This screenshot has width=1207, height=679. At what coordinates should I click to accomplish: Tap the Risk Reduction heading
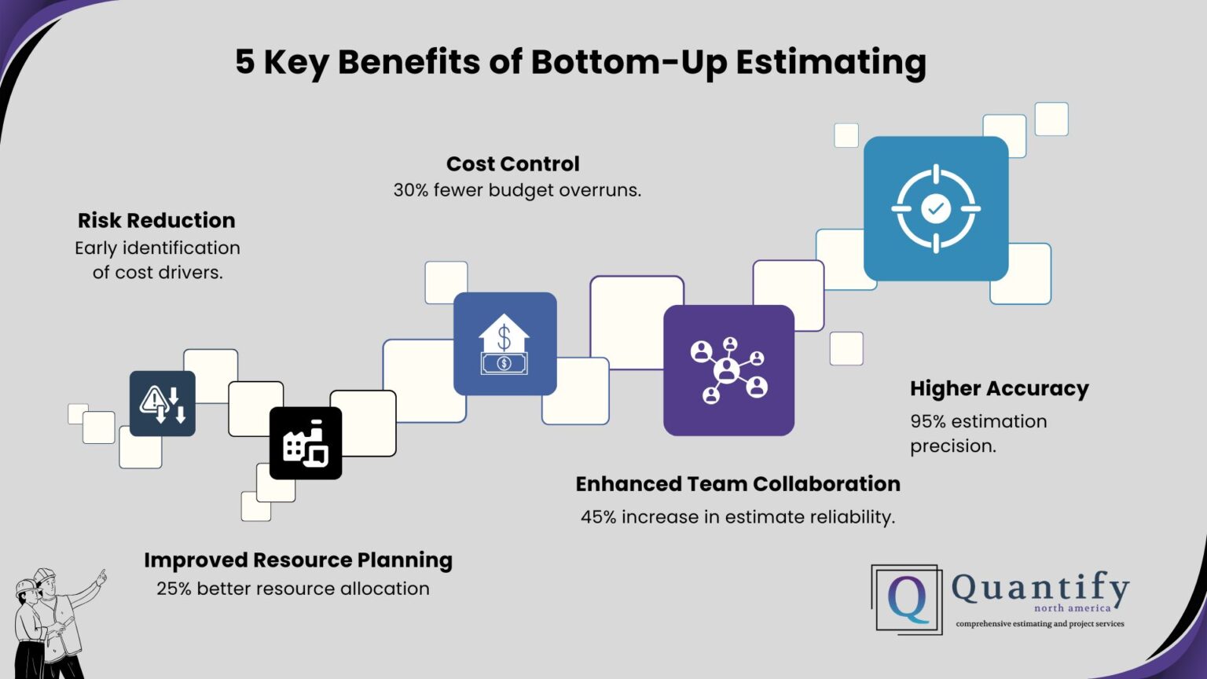click(156, 221)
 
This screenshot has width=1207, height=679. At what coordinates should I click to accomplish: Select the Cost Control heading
click(512, 164)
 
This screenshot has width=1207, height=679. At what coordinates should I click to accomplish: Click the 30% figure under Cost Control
click(411, 190)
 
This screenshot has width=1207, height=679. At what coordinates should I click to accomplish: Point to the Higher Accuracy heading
click(999, 389)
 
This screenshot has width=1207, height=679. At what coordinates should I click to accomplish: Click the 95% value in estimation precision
click(928, 422)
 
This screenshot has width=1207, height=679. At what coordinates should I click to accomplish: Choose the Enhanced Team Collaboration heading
click(738, 484)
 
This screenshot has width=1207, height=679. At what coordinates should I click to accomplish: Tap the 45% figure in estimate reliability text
click(598, 517)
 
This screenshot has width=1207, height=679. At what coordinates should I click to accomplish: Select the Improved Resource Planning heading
click(298, 560)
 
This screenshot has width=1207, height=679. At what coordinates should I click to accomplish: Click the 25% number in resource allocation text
click(174, 589)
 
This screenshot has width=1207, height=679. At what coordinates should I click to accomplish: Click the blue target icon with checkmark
click(935, 209)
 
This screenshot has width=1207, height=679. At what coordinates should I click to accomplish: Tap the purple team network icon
click(728, 370)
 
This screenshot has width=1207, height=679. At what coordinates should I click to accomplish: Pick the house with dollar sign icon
click(504, 344)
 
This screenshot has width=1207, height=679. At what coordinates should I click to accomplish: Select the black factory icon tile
click(306, 443)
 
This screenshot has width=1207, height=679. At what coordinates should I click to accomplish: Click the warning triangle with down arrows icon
click(163, 404)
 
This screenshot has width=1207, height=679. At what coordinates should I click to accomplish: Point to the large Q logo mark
click(908, 600)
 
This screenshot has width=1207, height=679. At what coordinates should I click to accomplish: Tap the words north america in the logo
click(1073, 608)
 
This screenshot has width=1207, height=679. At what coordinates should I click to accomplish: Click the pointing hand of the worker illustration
click(101, 578)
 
